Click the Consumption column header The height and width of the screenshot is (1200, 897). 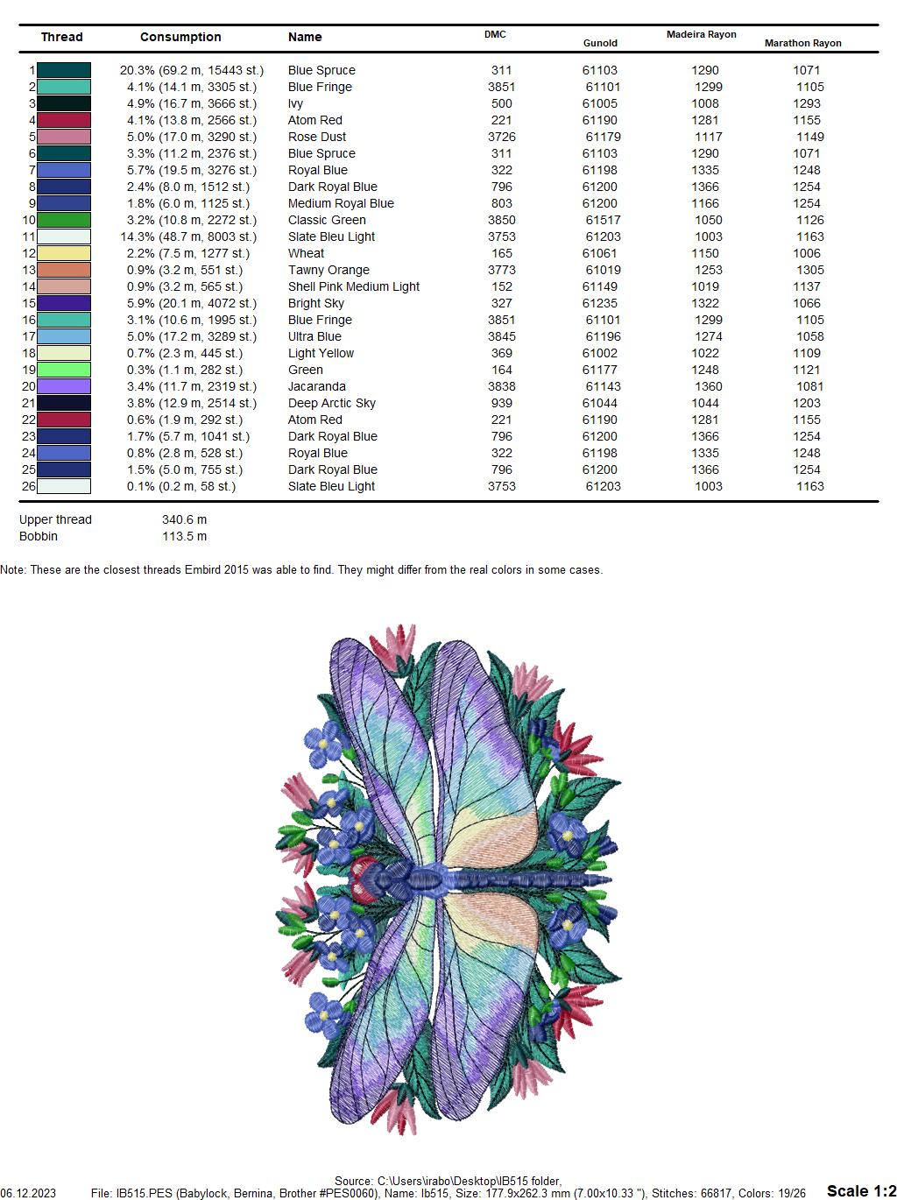point(180,37)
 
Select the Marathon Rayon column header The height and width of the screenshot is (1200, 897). point(802,43)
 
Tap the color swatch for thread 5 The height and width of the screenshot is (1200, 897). point(64,137)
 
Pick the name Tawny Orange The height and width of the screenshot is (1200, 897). point(328,270)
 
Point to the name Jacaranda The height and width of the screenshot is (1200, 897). point(316,386)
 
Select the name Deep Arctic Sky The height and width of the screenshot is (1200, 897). point(331,403)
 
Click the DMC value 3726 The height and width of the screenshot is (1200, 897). point(501,137)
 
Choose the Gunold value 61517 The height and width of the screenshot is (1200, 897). point(603,220)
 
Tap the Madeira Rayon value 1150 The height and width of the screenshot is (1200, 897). point(704,253)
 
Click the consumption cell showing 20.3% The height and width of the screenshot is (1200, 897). point(191,70)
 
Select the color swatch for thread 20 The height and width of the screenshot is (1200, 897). point(64,386)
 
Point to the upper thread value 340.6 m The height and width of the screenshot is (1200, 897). point(184,519)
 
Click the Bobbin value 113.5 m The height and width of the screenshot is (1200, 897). point(184,536)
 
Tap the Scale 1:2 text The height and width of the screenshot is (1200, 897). point(861,1190)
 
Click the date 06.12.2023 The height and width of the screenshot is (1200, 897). point(28,1193)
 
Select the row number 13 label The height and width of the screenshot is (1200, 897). point(29,270)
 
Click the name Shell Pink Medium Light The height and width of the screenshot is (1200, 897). point(353,286)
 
